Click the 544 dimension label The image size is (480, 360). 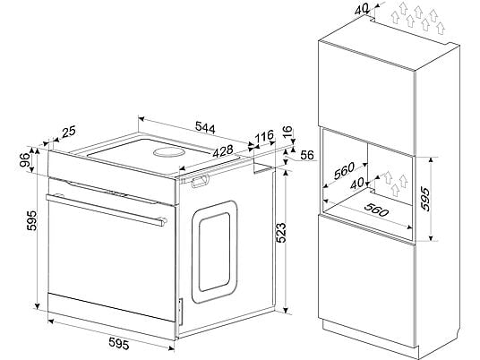(x=205, y=127)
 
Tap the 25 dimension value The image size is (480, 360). (x=69, y=132)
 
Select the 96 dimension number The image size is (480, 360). (x=25, y=159)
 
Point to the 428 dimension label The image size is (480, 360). (x=223, y=151)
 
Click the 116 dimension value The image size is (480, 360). (x=264, y=136)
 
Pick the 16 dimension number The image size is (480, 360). (x=287, y=132)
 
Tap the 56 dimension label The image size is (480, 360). (x=307, y=155)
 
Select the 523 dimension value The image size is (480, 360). (x=281, y=233)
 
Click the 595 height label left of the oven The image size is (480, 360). (x=31, y=220)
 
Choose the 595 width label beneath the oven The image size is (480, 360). (x=119, y=344)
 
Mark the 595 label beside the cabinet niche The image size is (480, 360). (x=425, y=200)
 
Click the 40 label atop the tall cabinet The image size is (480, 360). (x=362, y=10)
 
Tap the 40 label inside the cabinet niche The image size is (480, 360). (x=357, y=184)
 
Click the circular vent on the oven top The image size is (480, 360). (x=169, y=152)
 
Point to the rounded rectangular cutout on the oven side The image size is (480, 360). (x=215, y=252)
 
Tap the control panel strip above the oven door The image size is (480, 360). (x=112, y=177)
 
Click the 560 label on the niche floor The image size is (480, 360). (x=376, y=210)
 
